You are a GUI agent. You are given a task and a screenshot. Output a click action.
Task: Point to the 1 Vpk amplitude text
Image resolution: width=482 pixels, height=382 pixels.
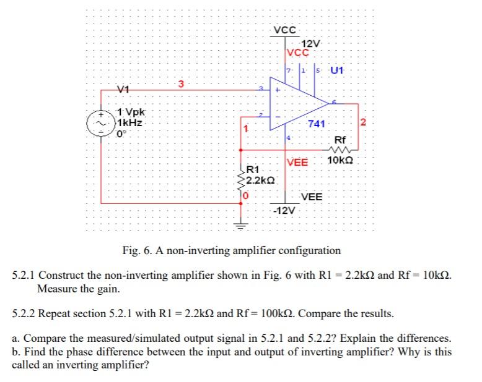[x=130, y=112]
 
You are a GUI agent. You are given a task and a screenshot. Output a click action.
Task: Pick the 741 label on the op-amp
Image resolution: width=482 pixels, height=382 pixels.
[x=316, y=124]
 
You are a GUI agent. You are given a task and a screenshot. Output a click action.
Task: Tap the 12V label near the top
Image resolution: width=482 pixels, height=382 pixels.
[x=310, y=43]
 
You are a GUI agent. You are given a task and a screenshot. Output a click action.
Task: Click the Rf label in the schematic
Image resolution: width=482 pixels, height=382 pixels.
[x=341, y=140]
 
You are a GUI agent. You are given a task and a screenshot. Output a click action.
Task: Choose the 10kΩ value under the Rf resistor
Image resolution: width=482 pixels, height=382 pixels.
[x=341, y=161]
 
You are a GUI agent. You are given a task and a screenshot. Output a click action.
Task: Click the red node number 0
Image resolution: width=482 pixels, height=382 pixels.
[x=245, y=196]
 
